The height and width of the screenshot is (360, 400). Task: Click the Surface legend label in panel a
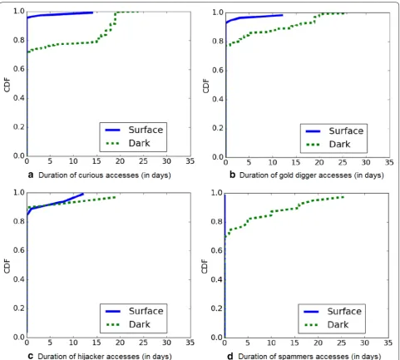pos(146,130)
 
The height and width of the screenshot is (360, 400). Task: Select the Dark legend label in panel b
pos(339,144)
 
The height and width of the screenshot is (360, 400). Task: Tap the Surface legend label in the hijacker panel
pos(146,311)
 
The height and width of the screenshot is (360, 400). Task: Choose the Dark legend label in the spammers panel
pos(338,324)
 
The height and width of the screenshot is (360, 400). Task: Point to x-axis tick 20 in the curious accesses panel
pos(120,161)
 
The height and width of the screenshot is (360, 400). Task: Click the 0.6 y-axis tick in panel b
pos(218,71)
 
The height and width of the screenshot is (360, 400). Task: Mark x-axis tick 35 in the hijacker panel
pos(190,343)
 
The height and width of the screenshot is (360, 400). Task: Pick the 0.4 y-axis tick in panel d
pos(216,279)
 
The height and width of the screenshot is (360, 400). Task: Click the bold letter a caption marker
pos(31,175)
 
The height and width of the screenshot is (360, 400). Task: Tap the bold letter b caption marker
pos(233,175)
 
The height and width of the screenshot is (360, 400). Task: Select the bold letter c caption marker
pos(31,356)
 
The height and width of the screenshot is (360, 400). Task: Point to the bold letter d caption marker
pos(230,356)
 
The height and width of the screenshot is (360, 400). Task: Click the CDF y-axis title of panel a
pos(7,85)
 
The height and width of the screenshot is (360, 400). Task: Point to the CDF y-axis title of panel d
pos(205,266)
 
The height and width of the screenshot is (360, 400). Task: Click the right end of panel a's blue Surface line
pos(92,12)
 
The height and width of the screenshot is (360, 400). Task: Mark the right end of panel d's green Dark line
pos(343,197)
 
